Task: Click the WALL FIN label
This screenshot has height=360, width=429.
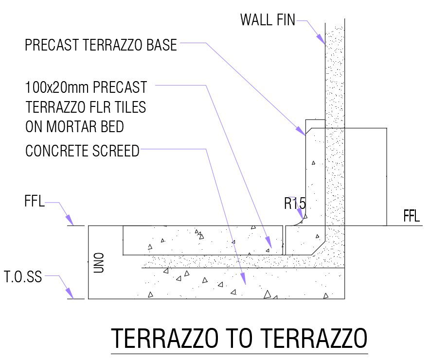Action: [x=268, y=20]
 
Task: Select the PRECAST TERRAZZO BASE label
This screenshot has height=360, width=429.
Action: [x=101, y=46]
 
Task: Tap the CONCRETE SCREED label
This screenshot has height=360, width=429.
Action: [x=82, y=151]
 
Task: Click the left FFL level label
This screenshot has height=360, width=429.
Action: [x=34, y=202]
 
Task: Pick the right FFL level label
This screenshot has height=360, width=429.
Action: [x=411, y=216]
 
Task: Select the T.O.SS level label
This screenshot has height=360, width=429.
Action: [x=23, y=277]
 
